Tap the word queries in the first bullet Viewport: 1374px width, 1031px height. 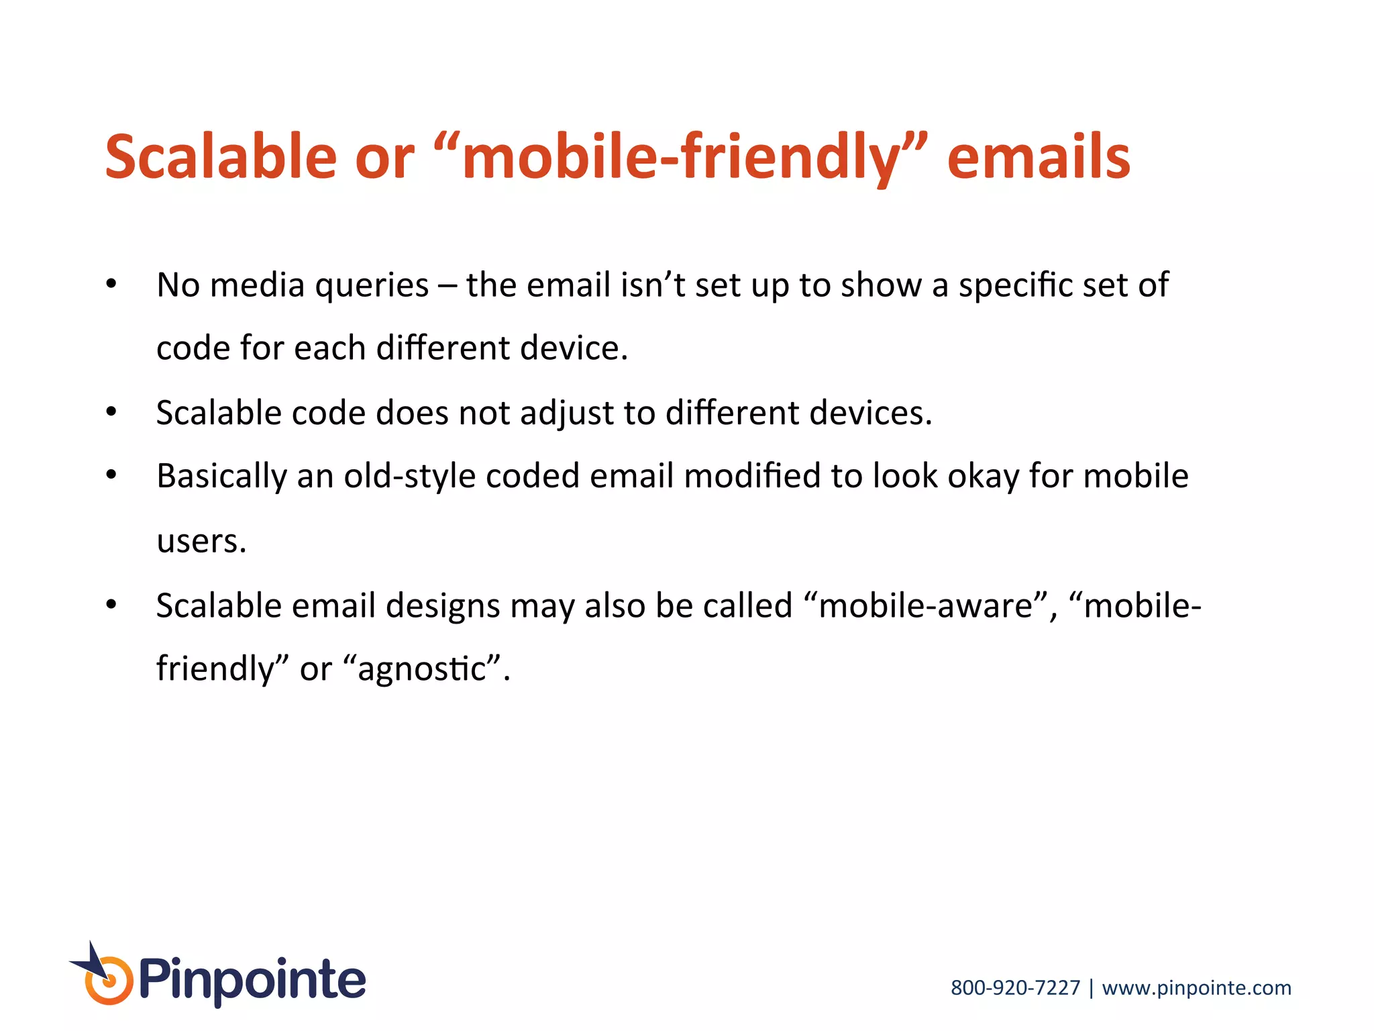tap(372, 285)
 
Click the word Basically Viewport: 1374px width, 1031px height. tap(222, 477)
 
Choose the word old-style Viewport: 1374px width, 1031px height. tap(410, 477)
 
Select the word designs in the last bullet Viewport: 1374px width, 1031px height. tap(443, 606)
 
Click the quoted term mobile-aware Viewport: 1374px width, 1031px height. tap(926, 606)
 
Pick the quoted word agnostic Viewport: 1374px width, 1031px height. tap(422, 669)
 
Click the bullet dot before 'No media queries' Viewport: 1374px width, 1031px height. tap(111, 284)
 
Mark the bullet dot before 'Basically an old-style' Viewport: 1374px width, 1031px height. tap(111, 475)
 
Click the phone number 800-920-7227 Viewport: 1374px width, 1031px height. tap(1015, 988)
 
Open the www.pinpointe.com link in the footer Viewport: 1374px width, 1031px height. tap(1196, 988)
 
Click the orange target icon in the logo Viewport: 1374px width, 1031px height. tap(109, 981)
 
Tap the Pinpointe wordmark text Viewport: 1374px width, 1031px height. tap(252, 981)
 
